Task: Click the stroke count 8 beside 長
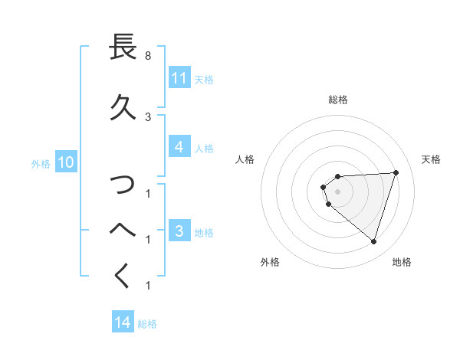tap(148, 57)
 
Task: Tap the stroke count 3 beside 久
tap(148, 116)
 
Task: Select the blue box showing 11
tap(179, 78)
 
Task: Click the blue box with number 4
tap(179, 147)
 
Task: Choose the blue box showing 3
tap(179, 231)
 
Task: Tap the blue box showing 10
tap(65, 162)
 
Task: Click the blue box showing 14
tap(123, 322)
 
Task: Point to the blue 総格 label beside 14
tap(147, 323)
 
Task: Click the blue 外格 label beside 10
tap(41, 163)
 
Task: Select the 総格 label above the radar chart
tap(338, 100)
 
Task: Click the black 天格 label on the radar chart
tap(431, 159)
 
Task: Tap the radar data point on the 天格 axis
tap(396, 172)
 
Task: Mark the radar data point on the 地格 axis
tap(374, 242)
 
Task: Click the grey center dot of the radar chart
tap(338, 191)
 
